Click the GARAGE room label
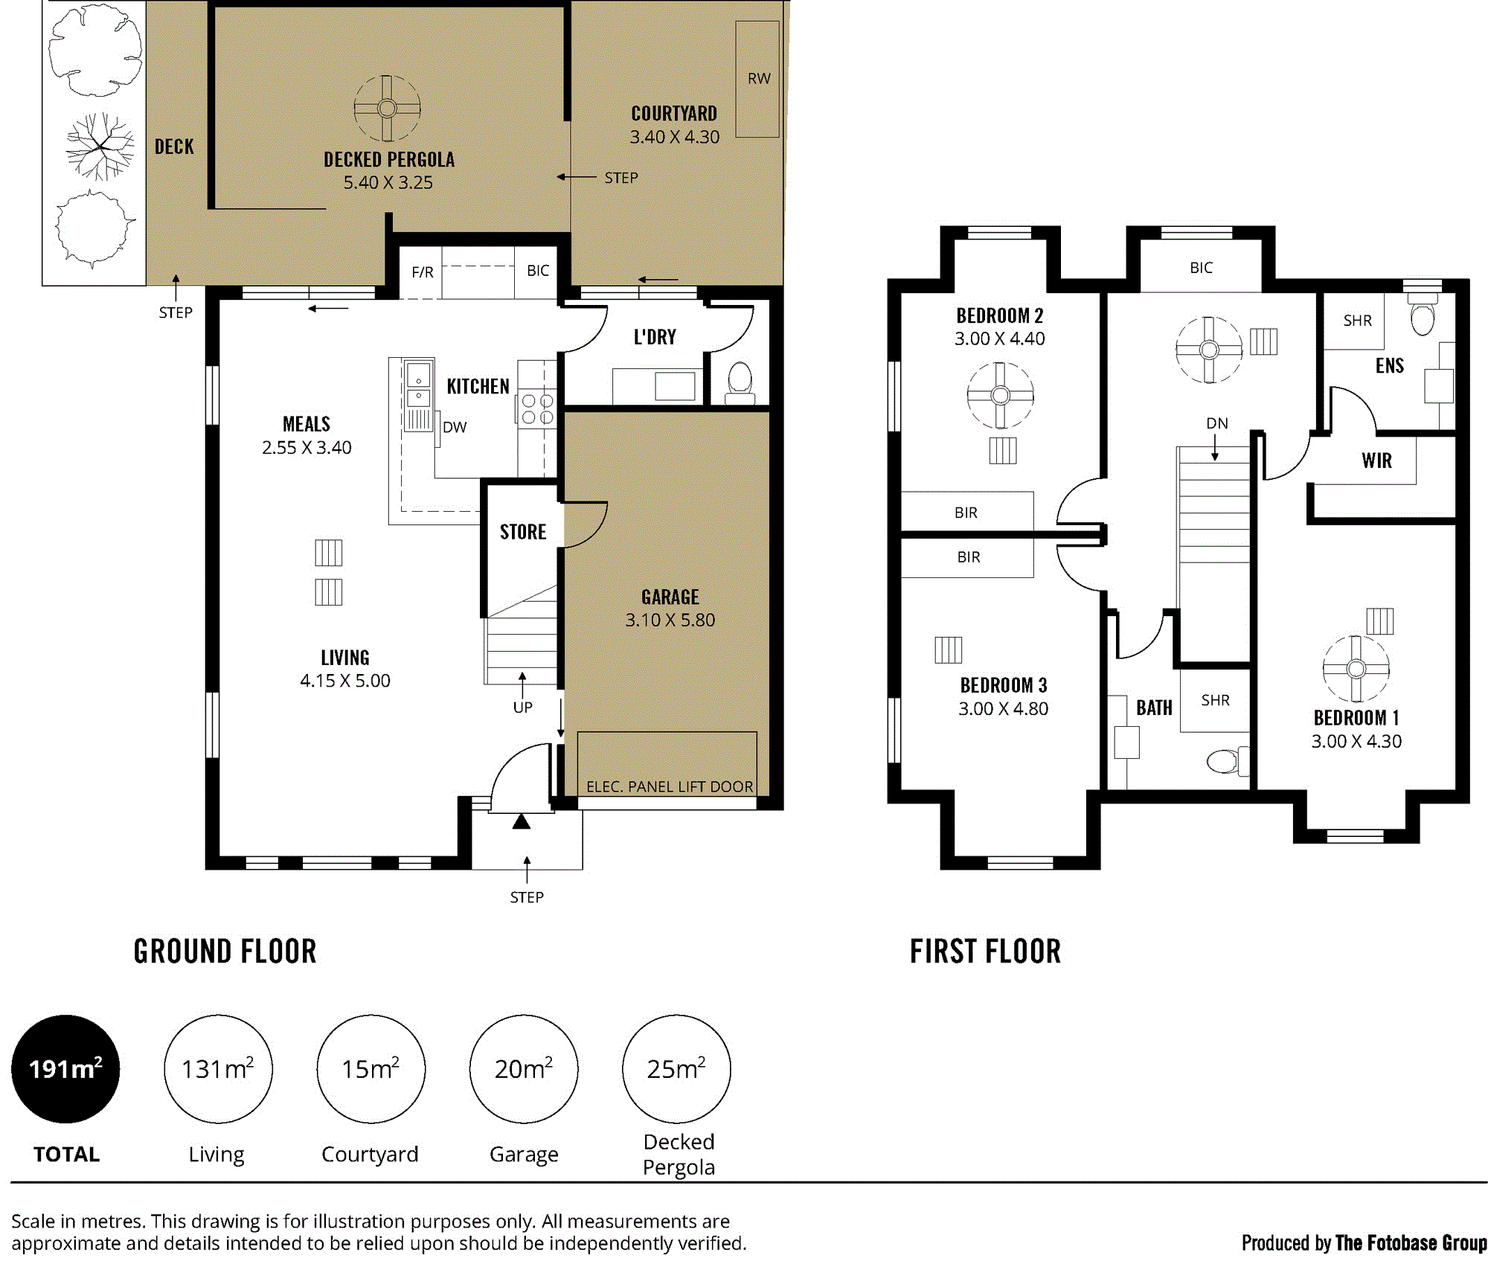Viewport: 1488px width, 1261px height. [670, 597]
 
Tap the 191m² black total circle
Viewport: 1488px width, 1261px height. [65, 1068]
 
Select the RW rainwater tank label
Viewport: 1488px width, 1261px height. [759, 78]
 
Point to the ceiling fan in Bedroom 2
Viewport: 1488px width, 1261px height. [1001, 395]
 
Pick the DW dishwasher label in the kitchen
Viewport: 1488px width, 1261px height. [455, 427]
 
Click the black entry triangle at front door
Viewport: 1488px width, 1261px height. [522, 821]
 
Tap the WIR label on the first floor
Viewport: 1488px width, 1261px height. [1376, 461]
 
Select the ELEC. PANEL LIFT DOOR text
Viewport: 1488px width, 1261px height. [670, 786]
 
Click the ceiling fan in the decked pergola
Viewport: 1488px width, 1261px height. [387, 109]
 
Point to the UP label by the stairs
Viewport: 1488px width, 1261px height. [522, 707]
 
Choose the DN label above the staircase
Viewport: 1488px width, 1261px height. [1217, 423]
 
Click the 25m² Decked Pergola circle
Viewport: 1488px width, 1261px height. [676, 1068]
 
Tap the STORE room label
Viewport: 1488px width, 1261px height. [523, 532]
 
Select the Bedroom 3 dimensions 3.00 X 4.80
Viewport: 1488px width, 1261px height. [1003, 708]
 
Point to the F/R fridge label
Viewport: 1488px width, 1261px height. [423, 272]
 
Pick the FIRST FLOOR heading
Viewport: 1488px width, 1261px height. [985, 952]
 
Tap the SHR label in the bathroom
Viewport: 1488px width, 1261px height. [1215, 700]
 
